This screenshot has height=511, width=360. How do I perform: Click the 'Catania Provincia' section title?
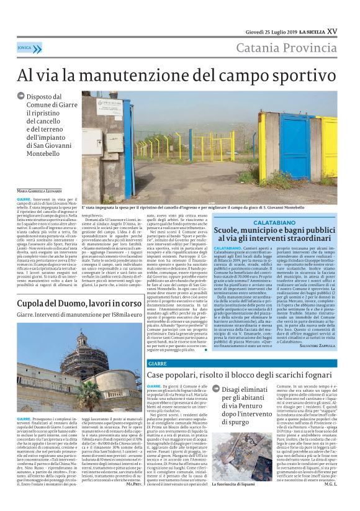click(x=290, y=48)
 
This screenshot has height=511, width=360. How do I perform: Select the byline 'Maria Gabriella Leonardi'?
click(x=40, y=189)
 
